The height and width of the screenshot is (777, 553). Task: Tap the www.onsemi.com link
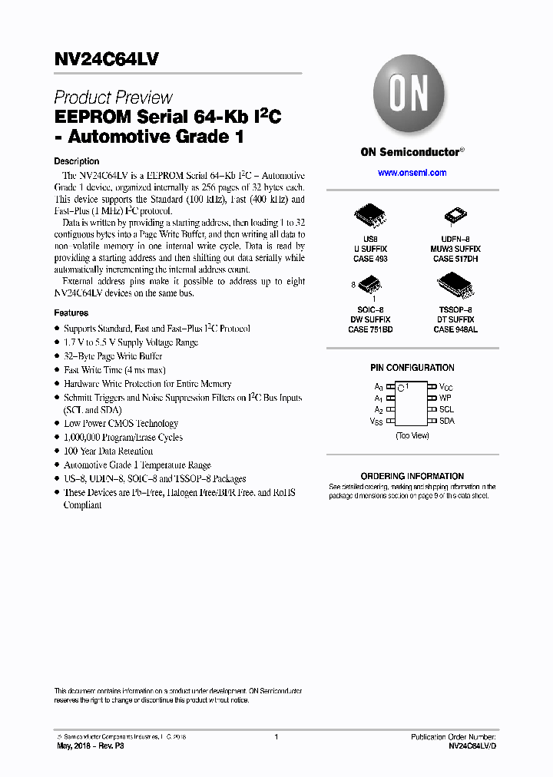coord(412,173)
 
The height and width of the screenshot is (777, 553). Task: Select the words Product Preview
coord(113,98)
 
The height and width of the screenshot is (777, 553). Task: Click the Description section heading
coord(76,161)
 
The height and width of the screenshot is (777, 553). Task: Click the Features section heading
coord(71,313)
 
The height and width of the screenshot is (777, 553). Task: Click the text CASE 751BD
coord(370,329)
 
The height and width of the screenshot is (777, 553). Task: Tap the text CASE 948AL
coord(455,329)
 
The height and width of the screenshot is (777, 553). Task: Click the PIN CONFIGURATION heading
coord(412,368)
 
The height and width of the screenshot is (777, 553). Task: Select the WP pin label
coord(445,398)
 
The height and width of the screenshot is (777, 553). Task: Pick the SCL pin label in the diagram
coord(446,409)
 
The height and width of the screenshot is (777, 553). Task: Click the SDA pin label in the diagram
coord(446,421)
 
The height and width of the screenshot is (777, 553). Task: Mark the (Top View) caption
coord(412,435)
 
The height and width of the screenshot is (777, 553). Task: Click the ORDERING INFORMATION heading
coord(412,476)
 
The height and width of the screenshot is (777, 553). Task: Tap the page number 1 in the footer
coord(276,736)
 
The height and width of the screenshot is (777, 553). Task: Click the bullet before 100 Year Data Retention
coord(57,451)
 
